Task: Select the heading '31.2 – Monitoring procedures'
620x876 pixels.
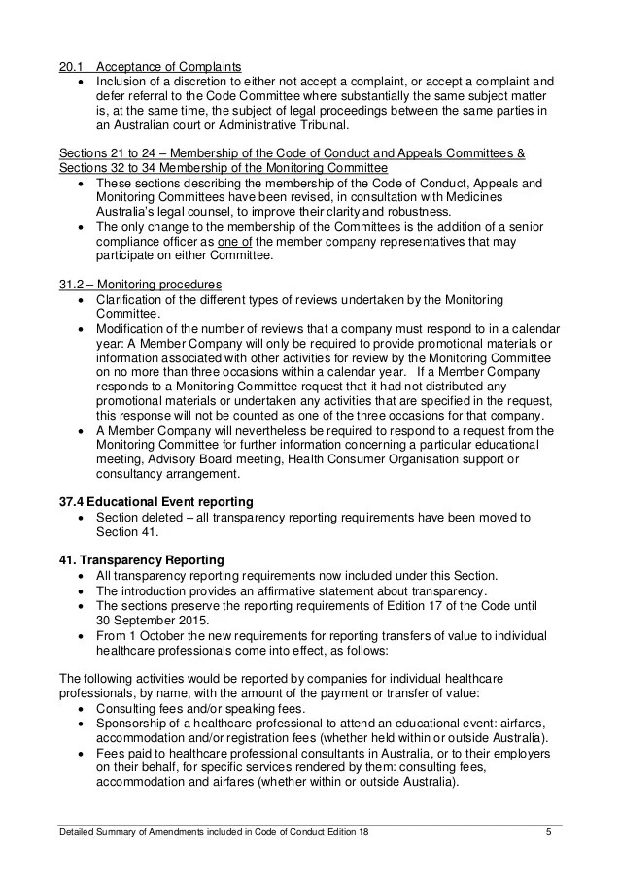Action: pos(140,284)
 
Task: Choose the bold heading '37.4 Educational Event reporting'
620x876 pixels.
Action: pos(156,501)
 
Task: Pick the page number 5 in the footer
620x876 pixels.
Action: pos(549,832)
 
